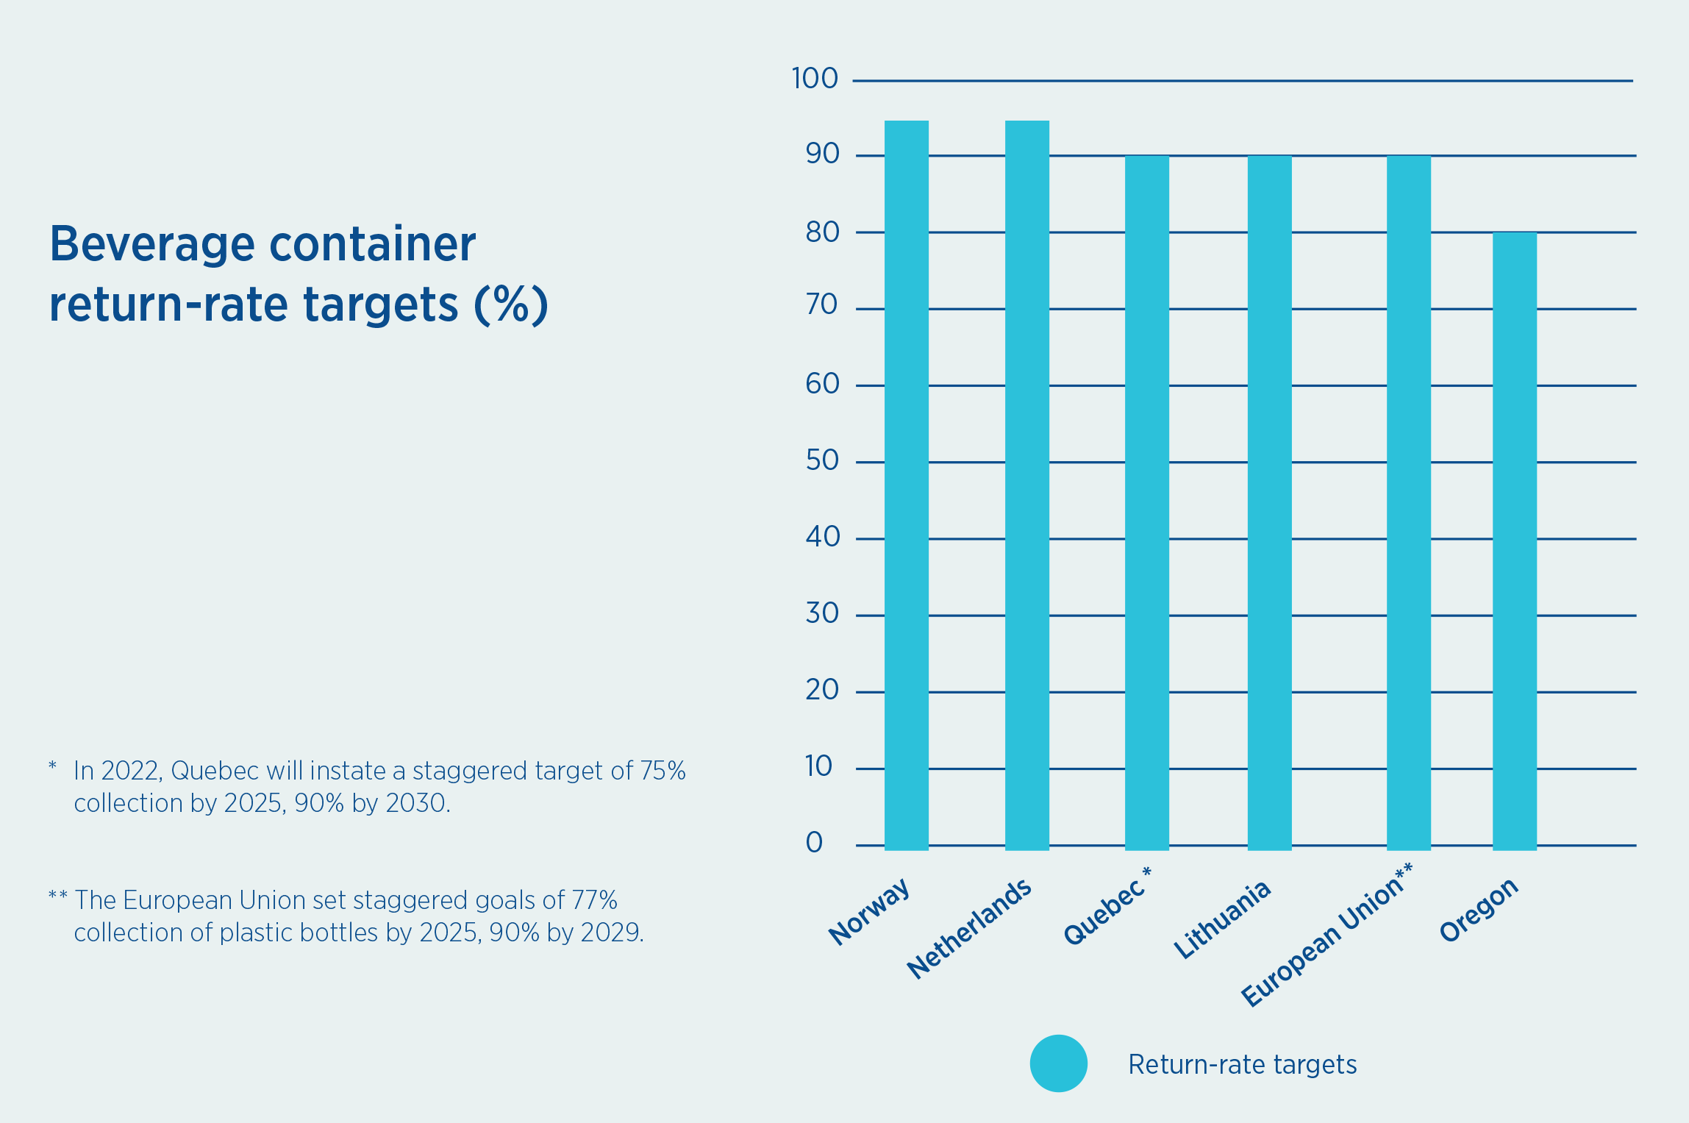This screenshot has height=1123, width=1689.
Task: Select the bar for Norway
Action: coord(906,485)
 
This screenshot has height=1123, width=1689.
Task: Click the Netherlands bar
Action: coord(1026,485)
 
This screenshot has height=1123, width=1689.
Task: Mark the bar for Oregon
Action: coord(1514,541)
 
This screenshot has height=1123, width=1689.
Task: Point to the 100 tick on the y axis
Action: coord(815,79)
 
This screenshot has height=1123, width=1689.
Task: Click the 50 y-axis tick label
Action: coord(822,460)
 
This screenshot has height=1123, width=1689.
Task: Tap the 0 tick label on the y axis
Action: coord(814,843)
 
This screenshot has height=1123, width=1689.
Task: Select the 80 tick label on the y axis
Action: coord(822,232)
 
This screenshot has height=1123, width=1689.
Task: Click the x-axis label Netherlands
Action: coord(969,929)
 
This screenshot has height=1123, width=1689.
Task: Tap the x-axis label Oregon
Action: coord(1479,910)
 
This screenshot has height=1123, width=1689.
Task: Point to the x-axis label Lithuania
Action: coord(1221,919)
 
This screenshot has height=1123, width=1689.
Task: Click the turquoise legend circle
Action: coord(1058,1063)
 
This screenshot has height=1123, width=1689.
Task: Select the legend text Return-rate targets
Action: coord(1242,1064)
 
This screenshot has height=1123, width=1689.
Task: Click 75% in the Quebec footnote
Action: coord(663,771)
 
